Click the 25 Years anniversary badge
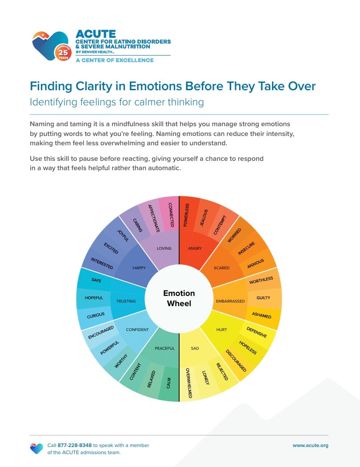[63, 53]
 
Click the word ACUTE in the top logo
[96, 34]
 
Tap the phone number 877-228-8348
[75, 445]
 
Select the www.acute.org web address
[310, 446]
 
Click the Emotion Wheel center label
[179, 298]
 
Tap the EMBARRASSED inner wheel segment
[230, 301]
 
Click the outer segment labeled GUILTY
[264, 298]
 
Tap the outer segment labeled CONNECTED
[170, 215]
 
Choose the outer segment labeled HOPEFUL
[93, 298]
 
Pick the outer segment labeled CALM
[169, 383]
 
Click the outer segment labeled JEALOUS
[204, 217]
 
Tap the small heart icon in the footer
[36, 448]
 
